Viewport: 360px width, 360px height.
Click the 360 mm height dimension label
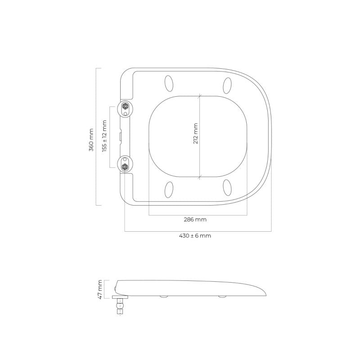[91, 140]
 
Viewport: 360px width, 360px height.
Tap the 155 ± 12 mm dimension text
[105, 136]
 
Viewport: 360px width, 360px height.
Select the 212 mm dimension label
[196, 134]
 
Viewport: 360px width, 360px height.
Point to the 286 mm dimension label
[195, 220]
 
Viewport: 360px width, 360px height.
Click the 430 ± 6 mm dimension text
[195, 236]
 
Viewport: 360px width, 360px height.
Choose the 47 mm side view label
[100, 289]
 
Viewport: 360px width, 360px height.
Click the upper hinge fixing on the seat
[125, 108]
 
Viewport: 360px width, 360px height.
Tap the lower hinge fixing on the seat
[125, 164]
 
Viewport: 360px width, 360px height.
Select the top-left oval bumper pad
[169, 83]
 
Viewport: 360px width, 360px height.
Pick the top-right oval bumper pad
[227, 85]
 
